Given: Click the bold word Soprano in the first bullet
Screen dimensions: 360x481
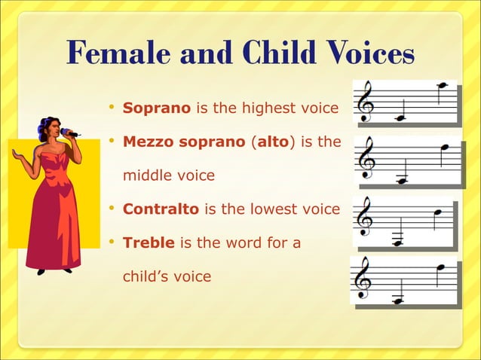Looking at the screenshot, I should click(x=156, y=108).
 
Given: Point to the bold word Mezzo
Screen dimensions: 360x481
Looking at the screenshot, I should click(x=145, y=142).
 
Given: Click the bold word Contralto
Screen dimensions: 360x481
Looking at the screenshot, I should click(x=161, y=209).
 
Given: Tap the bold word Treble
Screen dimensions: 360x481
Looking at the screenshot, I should click(x=149, y=243).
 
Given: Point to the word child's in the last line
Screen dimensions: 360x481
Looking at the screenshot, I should click(x=145, y=276).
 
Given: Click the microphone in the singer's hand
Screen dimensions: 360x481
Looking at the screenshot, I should click(x=70, y=133).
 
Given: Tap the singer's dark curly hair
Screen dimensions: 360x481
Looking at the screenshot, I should click(x=50, y=127).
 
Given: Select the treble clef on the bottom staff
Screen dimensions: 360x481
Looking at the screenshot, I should click(x=363, y=280).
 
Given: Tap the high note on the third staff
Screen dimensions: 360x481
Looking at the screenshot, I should click(x=437, y=213).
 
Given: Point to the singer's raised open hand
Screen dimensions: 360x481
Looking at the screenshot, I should click(x=17, y=155).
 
